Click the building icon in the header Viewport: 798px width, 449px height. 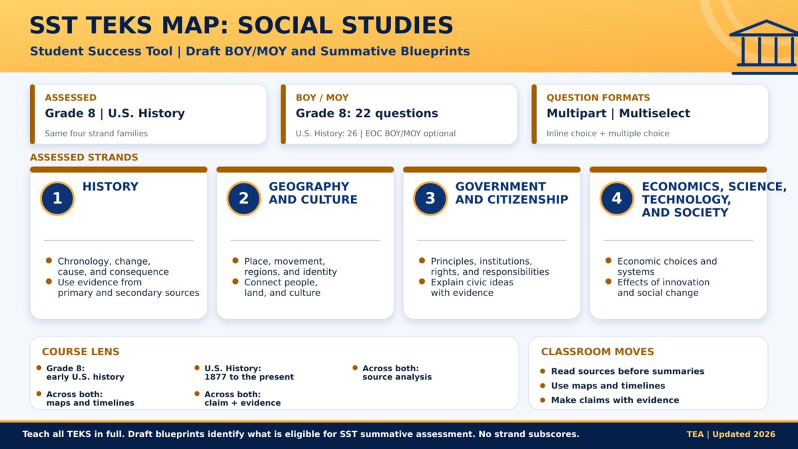pos(765,47)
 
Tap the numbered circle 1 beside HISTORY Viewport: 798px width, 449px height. pos(57,198)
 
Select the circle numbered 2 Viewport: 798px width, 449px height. pos(243,198)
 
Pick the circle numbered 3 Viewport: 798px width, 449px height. pos(430,198)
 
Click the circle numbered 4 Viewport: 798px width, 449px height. pos(616,198)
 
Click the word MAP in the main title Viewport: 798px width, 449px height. pos(194,25)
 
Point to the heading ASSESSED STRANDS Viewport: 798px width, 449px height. pos(84,157)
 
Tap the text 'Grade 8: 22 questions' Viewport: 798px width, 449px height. pos(366,113)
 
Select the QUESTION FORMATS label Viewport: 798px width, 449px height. pos(598,98)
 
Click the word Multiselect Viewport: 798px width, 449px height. pos(654,113)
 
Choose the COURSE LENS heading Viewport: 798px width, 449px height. pos(80,352)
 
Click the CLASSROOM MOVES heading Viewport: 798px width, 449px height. pos(597,352)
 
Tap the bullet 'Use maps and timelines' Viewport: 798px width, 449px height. pos(608,386)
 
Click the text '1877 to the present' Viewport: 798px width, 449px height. pos(249,376)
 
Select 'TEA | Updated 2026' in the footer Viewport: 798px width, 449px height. pos(731,434)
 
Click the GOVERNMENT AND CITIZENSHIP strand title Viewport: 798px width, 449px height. pos(511,193)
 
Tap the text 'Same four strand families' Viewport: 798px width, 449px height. pos(96,133)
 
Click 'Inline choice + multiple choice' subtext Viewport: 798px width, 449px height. pos(608,133)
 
